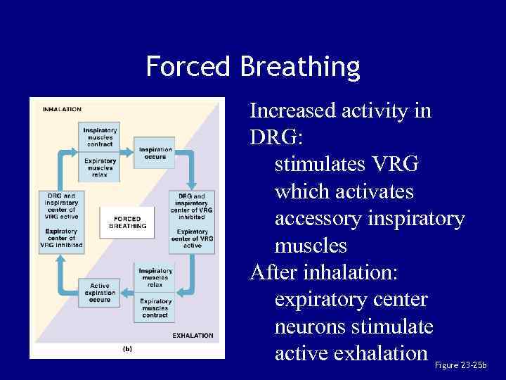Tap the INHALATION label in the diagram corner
click(x=62, y=109)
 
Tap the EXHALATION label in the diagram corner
click(x=193, y=336)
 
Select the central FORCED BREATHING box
click(x=127, y=222)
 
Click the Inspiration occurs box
click(x=155, y=153)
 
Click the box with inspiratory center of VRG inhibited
click(x=192, y=207)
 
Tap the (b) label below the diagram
click(x=127, y=348)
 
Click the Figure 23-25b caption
click(x=460, y=366)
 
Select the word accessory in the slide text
click(x=318, y=220)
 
